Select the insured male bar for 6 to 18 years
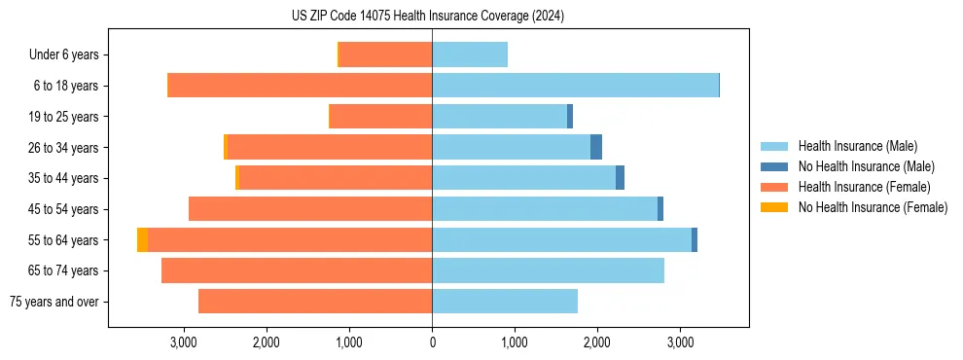pyautogui.click(x=575, y=86)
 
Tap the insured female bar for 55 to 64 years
pyautogui.click(x=290, y=239)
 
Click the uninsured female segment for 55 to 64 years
pyautogui.click(x=143, y=239)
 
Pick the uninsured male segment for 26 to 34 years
pyautogui.click(x=596, y=147)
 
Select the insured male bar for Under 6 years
pyautogui.click(x=470, y=55)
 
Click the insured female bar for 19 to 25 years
pyautogui.click(x=381, y=117)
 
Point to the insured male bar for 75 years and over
pyautogui.click(x=505, y=302)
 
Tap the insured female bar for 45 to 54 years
pyautogui.click(x=310, y=209)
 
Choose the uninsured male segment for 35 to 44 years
pyautogui.click(x=620, y=178)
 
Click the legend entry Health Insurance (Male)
pyautogui.click(x=855, y=146)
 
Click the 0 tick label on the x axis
pyautogui.click(x=432, y=342)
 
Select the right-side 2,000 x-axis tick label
pyautogui.click(x=597, y=342)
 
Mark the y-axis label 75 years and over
pyautogui.click(x=54, y=302)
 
